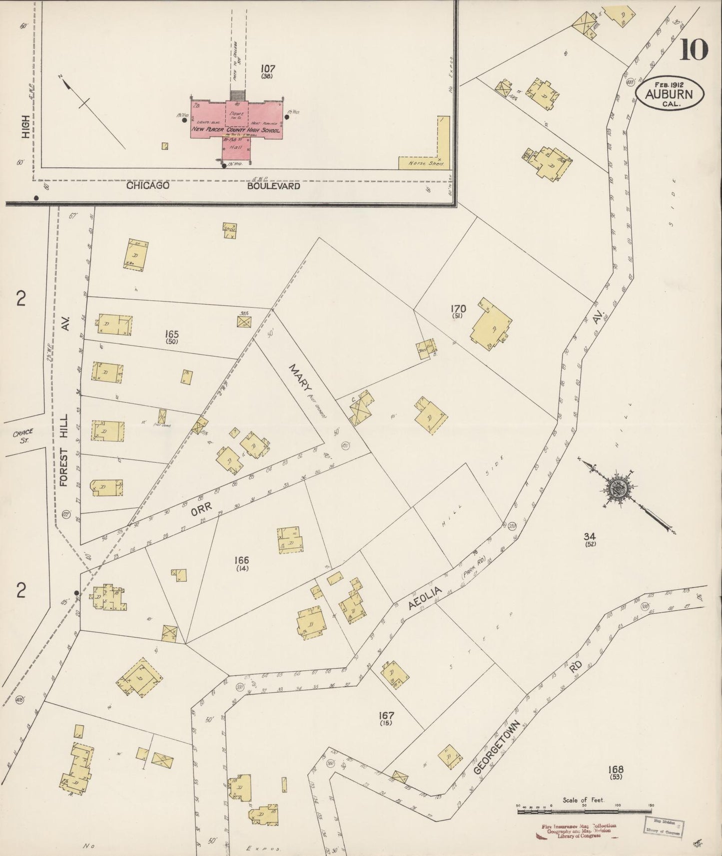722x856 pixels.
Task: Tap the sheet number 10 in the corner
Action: (x=693, y=49)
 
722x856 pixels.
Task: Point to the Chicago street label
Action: (x=147, y=186)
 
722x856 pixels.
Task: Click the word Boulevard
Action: (x=274, y=186)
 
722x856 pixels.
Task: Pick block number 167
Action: (x=386, y=716)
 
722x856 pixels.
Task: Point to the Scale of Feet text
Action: (x=583, y=800)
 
